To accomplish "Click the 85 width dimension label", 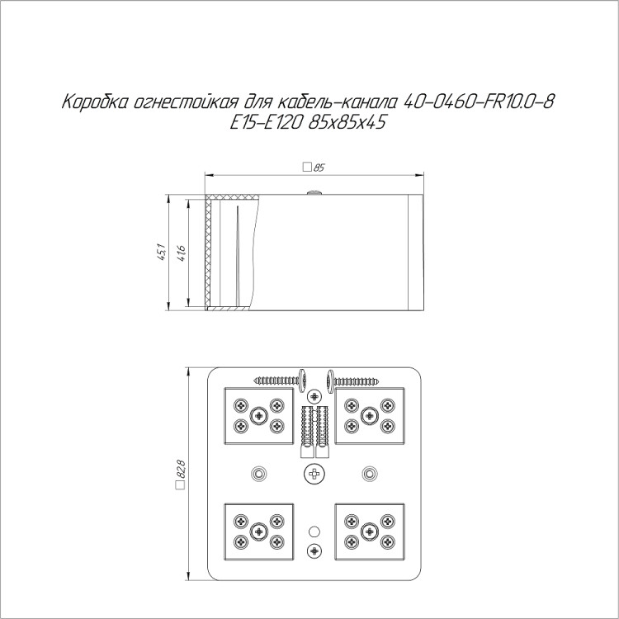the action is click(x=319, y=168).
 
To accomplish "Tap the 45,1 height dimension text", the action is click(x=162, y=253).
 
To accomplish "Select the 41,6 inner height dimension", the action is click(x=182, y=253).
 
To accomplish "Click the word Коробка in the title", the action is click(x=95, y=102).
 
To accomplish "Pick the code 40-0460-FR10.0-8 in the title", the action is click(x=479, y=102).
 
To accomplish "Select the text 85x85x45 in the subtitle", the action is click(x=346, y=123).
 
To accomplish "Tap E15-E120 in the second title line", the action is click(x=266, y=123).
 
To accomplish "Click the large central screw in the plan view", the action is click(x=314, y=473).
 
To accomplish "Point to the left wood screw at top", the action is click(x=281, y=381).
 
